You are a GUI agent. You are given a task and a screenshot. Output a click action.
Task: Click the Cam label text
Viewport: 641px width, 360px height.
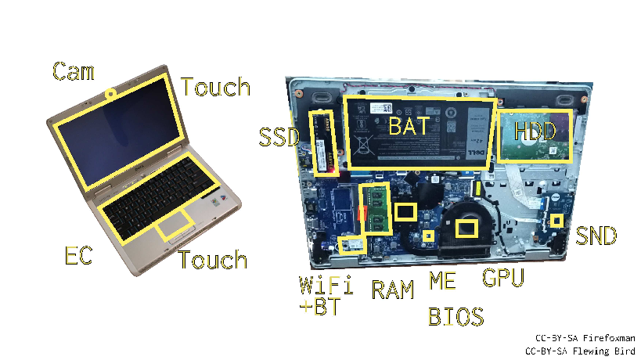tap(73, 71)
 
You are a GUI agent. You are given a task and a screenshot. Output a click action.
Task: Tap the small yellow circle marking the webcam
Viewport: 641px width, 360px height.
tap(112, 93)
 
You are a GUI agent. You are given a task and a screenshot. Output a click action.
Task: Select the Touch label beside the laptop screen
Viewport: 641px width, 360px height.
tap(215, 87)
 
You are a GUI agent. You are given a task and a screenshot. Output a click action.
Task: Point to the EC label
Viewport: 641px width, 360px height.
tap(78, 255)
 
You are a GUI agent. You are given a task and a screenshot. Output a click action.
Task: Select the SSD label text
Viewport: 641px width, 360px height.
tap(279, 138)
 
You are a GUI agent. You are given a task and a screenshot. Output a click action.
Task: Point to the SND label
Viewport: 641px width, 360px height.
tap(596, 235)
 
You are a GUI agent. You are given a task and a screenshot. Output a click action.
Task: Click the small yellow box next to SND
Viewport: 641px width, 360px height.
tap(556, 221)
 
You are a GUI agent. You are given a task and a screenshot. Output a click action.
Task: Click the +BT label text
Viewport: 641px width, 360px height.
tap(320, 306)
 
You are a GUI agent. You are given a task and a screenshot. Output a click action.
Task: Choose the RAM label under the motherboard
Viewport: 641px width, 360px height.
tap(392, 290)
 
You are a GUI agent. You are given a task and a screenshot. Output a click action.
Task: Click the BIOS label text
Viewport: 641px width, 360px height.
tap(456, 316)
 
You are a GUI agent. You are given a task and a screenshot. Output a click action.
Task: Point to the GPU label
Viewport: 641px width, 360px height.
tap(502, 277)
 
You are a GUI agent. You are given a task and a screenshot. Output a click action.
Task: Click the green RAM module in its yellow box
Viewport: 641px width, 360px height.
tap(376, 209)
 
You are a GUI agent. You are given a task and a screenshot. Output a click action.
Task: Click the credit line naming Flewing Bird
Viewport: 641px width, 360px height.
tap(579, 351)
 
